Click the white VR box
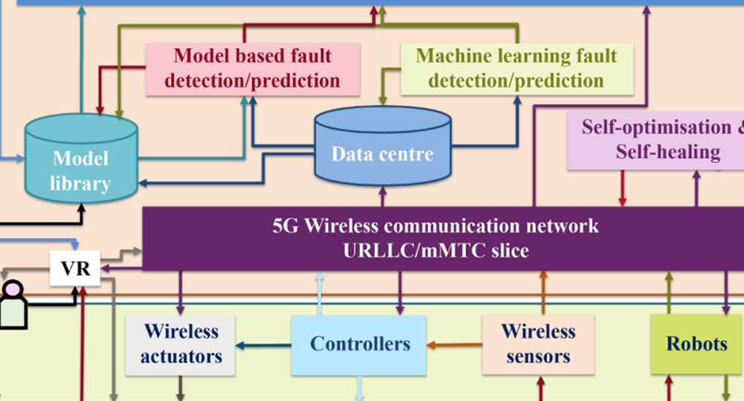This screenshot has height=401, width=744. point(75,268)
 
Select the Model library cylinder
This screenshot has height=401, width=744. point(81,158)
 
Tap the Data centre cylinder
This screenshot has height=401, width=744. point(382,146)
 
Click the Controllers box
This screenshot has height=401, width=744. point(359,344)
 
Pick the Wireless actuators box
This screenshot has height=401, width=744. point(180,345)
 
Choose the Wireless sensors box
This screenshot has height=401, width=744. point(538,344)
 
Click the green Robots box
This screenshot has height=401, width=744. point(696,344)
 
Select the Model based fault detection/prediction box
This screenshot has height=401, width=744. point(252,68)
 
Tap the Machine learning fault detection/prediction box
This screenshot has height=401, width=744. point(517,68)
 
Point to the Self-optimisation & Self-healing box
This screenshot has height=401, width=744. point(655,141)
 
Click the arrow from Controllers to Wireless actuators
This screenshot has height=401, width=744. point(263,345)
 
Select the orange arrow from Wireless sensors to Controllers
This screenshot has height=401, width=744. point(455,344)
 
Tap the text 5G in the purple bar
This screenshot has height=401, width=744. point(285,226)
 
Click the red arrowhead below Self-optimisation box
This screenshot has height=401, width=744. point(622,202)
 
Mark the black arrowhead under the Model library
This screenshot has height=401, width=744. point(81,208)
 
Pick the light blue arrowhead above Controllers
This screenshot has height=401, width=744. point(320,276)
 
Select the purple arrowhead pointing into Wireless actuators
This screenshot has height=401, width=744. point(180,310)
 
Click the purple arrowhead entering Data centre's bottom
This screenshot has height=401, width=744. point(382,190)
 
